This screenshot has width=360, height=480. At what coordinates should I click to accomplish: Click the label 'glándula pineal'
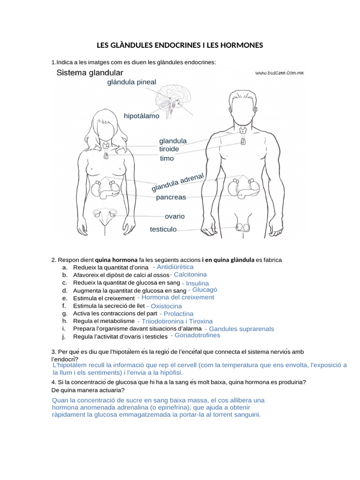132,82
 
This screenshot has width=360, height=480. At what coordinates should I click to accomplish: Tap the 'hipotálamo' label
142,116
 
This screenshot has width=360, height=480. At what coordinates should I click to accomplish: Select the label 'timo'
166,158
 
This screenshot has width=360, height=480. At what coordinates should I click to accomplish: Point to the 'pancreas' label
171,197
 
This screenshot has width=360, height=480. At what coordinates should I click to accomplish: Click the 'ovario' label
175,217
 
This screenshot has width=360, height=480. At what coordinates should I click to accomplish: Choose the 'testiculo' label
163,229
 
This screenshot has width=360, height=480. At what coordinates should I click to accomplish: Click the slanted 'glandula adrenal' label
178,182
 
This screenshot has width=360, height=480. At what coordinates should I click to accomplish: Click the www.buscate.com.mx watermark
280,73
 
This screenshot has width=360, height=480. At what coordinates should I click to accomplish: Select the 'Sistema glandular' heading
90,73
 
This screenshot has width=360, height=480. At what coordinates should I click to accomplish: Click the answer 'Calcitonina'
190,275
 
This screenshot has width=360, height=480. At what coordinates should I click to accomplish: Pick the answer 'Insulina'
197,284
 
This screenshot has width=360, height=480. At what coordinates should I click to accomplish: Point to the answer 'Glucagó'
205,290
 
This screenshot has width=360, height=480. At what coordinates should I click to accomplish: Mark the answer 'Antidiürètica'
175,267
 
